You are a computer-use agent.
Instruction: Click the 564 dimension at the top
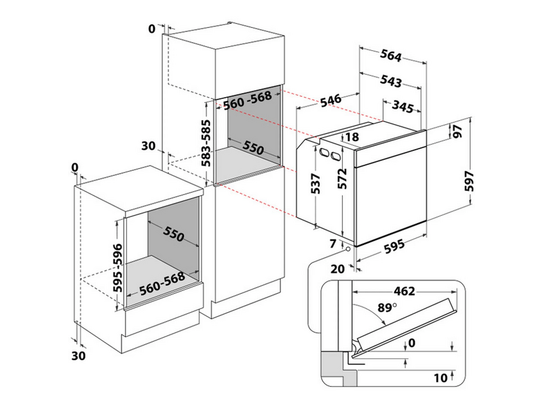(x=392, y=56)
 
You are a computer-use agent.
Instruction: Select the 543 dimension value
(x=390, y=81)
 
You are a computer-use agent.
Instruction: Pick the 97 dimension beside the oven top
(x=457, y=132)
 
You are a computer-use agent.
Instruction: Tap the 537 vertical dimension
(x=316, y=184)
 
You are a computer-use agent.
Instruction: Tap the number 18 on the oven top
(x=352, y=138)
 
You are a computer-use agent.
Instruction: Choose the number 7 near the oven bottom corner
(x=333, y=243)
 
